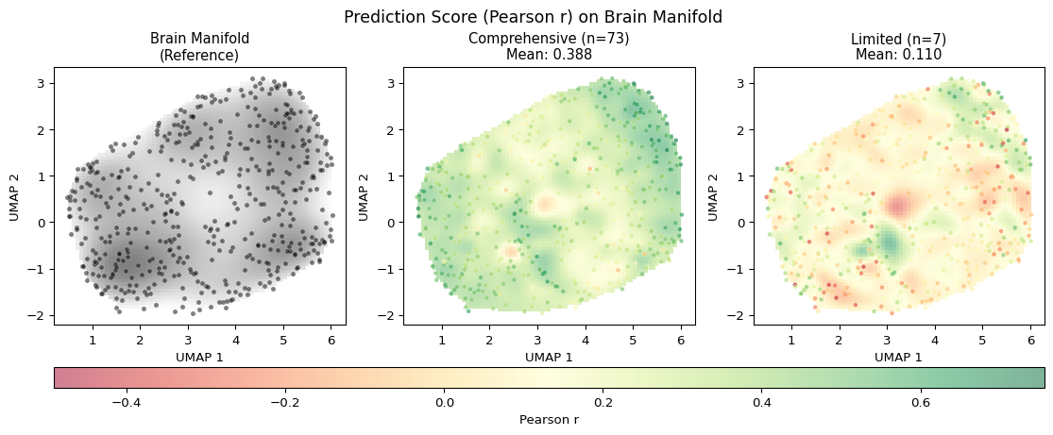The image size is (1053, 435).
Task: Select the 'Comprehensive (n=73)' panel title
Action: point(549,39)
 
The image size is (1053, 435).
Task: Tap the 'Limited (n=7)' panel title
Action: point(898,39)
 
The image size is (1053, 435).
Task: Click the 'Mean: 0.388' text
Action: point(549,55)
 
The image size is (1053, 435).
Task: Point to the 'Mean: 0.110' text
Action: point(898,55)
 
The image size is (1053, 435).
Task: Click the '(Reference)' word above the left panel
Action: point(199,55)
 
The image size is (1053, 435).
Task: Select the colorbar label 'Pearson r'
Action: point(549,419)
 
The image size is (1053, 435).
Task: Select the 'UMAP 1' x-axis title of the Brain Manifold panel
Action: point(199,357)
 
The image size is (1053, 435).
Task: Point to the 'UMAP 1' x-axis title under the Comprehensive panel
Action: point(549,357)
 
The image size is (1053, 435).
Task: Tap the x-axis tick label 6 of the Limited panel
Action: point(1030,339)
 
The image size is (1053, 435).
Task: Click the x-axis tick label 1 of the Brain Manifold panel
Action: point(93,339)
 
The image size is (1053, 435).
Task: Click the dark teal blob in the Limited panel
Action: point(890,243)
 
